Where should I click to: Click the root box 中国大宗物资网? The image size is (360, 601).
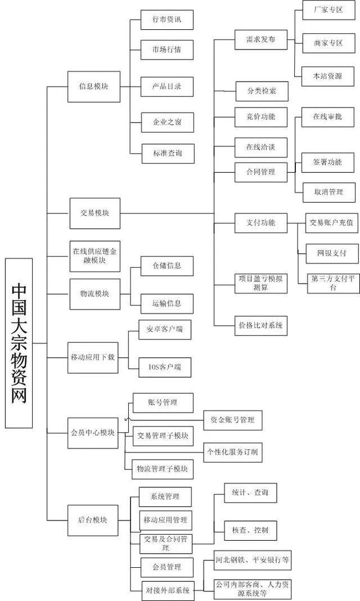coord(19,343)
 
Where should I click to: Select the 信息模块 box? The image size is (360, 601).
coord(93,87)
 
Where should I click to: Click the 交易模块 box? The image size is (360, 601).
coord(94,213)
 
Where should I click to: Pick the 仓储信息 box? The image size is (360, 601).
coord(159,266)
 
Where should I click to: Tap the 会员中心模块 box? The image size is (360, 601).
coord(93,432)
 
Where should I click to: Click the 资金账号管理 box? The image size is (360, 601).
coord(232,419)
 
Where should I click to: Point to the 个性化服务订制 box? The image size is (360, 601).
coord(233,451)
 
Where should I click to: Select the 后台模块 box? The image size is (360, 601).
coord(93,519)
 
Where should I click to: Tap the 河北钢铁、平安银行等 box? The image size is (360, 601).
coord(253,560)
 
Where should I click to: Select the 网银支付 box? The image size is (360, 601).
coord(331,253)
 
